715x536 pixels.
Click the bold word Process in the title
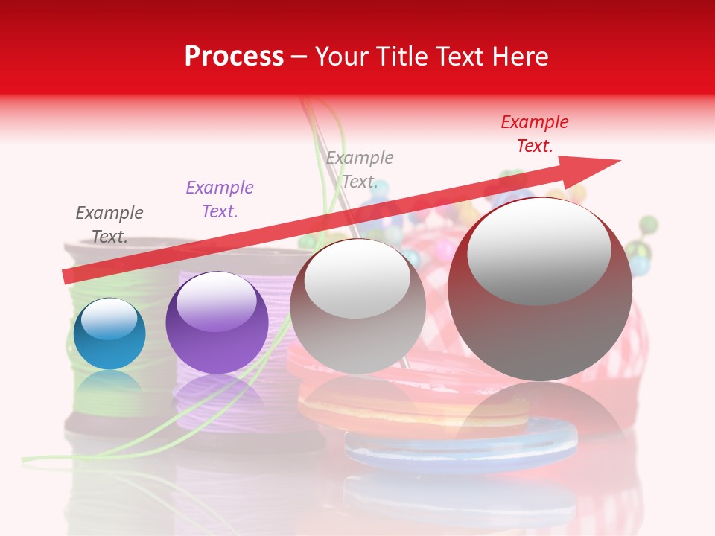[x=234, y=57]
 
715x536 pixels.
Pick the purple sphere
[x=217, y=324]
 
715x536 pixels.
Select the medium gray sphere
[x=357, y=307]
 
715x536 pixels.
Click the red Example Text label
[x=534, y=134]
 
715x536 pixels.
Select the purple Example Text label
[x=220, y=200]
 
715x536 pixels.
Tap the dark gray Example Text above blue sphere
[x=109, y=224]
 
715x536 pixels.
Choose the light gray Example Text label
[x=360, y=169]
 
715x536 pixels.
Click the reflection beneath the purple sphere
[x=217, y=395]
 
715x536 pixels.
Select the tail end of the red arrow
[x=69, y=275]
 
